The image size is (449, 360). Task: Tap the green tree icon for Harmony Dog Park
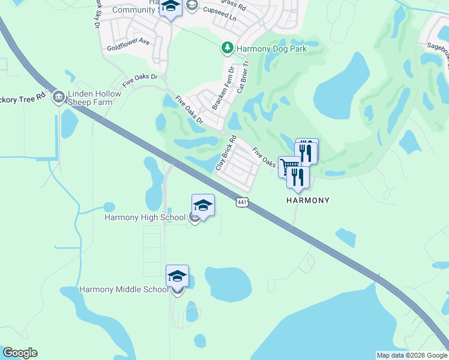pyautogui.click(x=228, y=47)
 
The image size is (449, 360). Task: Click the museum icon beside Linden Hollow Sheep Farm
pyautogui.click(x=59, y=96)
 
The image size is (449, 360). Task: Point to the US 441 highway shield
pyautogui.click(x=241, y=203)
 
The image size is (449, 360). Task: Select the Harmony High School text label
pyautogui.click(x=145, y=217)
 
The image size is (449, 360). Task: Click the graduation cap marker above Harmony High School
pyautogui.click(x=203, y=205)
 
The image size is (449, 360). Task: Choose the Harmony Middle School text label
pyautogui.click(x=124, y=290)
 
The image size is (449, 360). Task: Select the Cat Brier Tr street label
pyautogui.click(x=242, y=77)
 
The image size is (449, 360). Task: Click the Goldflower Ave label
pyautogui.click(x=128, y=43)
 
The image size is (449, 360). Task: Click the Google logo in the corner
pyautogui.click(x=20, y=353)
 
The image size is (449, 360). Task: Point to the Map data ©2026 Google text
pyautogui.click(x=411, y=355)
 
